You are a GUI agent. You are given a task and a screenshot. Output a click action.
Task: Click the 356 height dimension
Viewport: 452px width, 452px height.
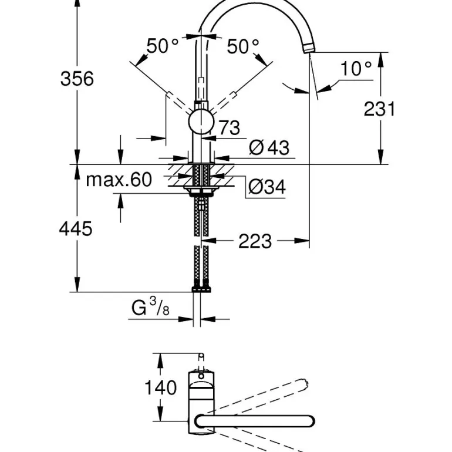pyautogui.click(x=77, y=78)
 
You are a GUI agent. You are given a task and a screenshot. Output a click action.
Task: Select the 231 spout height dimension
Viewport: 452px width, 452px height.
pyautogui.click(x=380, y=109)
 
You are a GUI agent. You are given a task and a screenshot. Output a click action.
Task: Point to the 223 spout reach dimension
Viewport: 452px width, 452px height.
pyautogui.click(x=255, y=241)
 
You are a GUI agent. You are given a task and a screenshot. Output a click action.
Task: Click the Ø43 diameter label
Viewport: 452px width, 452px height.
pyautogui.click(x=269, y=147)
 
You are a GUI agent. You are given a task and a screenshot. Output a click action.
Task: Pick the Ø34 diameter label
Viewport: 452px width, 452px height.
pyautogui.click(x=266, y=187)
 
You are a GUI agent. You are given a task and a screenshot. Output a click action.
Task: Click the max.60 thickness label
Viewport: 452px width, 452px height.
pyautogui.click(x=119, y=180)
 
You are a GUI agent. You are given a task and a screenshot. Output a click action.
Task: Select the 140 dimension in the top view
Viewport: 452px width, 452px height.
pyautogui.click(x=160, y=387)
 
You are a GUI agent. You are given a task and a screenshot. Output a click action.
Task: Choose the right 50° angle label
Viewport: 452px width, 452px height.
pyautogui.click(x=242, y=46)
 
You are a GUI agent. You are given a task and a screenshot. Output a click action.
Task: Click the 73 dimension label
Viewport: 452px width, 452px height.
pyautogui.click(x=229, y=127)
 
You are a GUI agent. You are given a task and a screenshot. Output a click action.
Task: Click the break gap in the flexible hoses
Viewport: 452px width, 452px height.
pyautogui.click(x=201, y=241)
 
